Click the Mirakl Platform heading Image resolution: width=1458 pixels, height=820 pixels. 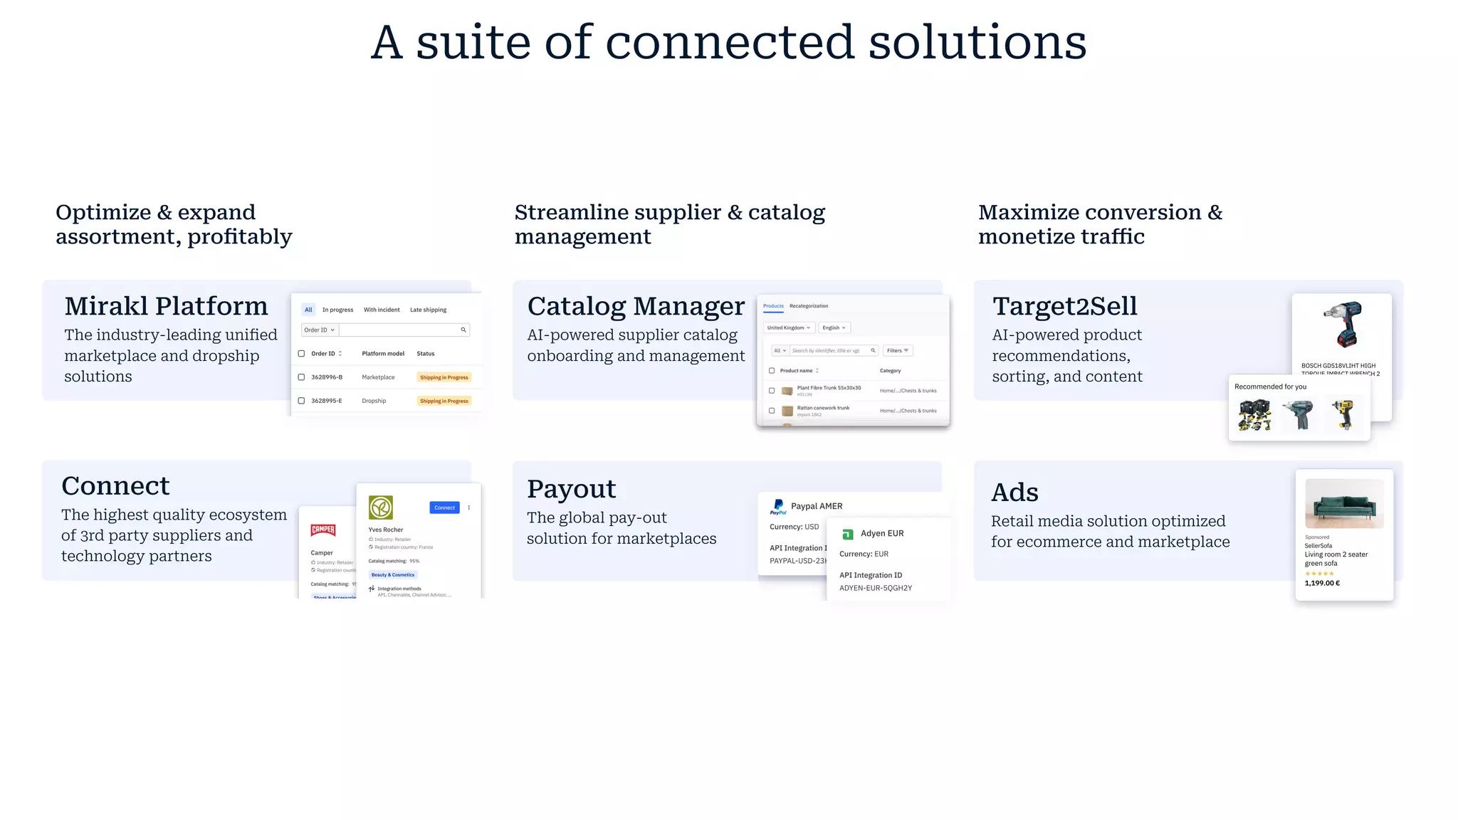166,306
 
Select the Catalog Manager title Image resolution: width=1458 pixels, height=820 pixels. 636,306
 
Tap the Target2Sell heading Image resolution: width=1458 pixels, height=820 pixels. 1064,306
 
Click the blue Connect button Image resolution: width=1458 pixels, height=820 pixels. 444,508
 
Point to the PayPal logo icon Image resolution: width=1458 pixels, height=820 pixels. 778,506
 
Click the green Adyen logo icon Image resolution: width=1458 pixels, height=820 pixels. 848,534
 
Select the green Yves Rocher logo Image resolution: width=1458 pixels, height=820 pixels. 381,508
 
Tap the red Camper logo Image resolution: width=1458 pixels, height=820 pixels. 323,530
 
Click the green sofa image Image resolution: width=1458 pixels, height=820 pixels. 1344,503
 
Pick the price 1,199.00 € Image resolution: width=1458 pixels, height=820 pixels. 1322,583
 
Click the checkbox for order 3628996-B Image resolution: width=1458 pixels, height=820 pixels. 301,377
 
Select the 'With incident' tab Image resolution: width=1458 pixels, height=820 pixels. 382,310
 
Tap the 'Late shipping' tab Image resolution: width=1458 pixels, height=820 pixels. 428,310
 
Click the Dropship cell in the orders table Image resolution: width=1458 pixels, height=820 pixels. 374,401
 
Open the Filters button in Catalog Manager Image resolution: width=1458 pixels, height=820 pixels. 898,351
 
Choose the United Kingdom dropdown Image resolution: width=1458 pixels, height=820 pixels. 788,328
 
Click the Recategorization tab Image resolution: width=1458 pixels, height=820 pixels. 809,306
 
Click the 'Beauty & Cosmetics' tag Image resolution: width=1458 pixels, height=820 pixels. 393,574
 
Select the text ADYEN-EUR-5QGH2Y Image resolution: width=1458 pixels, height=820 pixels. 875,588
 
